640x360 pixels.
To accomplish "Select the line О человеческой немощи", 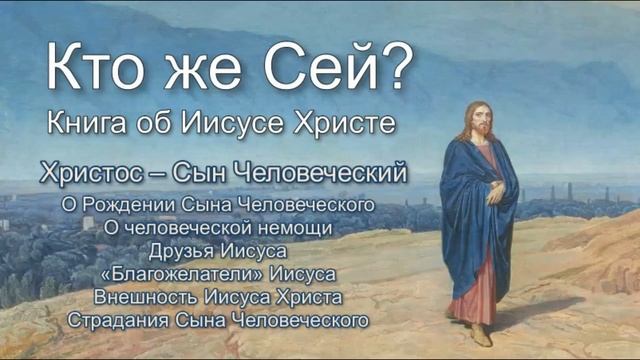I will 217,227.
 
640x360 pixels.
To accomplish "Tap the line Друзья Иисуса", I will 217,250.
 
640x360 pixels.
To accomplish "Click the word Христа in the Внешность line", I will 305,297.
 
